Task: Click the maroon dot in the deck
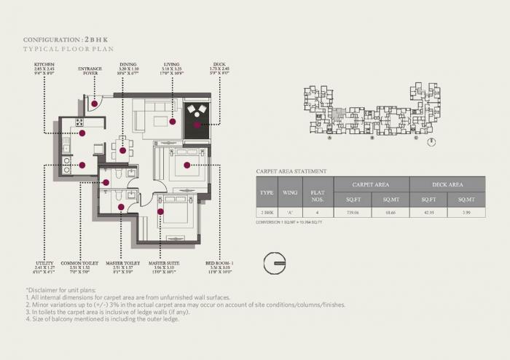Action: (x=197, y=125)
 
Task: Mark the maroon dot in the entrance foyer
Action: (x=95, y=103)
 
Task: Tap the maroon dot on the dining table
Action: (x=123, y=151)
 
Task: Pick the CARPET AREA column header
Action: (x=371, y=184)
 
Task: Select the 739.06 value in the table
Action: (x=353, y=212)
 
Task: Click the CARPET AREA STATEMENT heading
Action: (x=291, y=171)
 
